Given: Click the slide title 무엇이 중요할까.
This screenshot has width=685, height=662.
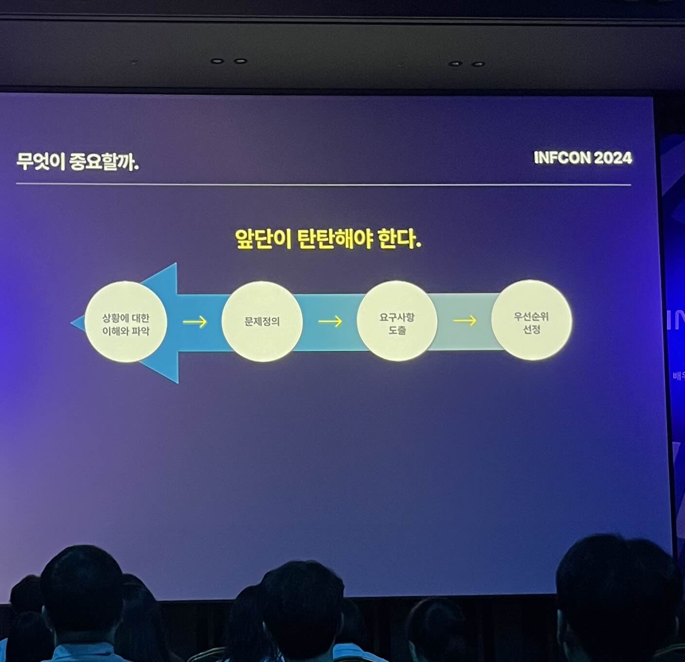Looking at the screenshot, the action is (x=78, y=161).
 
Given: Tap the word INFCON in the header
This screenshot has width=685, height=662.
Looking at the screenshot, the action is (x=561, y=157).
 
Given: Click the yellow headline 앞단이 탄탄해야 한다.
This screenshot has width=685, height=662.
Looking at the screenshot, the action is (x=327, y=239).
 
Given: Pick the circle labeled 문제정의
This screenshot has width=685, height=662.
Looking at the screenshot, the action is (x=262, y=321).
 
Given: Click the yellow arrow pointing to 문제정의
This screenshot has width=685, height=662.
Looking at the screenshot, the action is (x=195, y=322).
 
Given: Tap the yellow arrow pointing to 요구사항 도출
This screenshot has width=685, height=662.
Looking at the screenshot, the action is (x=330, y=321).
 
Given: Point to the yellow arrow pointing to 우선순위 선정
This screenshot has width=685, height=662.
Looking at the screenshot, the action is (x=465, y=320).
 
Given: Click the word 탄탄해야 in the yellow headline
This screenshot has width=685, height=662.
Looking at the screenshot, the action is (x=335, y=239).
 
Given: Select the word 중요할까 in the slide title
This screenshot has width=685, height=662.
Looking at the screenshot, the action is (x=104, y=161).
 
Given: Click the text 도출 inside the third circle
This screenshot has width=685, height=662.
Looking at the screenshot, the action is (x=397, y=330).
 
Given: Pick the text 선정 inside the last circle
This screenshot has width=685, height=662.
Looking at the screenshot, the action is (x=531, y=330).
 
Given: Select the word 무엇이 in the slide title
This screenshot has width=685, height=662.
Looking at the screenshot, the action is (x=41, y=161).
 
